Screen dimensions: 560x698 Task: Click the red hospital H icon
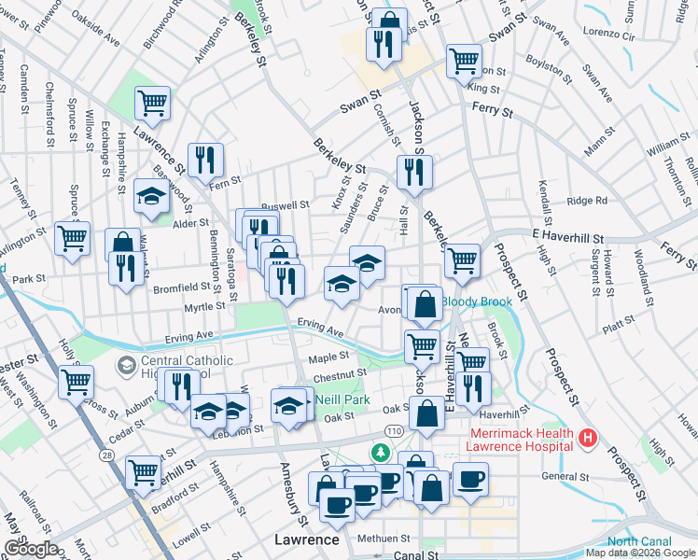click(588, 437)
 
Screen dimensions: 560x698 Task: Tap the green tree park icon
click(380, 453)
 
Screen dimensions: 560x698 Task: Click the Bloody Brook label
click(477, 301)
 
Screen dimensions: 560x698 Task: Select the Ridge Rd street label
click(587, 201)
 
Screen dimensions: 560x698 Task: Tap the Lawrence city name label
click(306, 539)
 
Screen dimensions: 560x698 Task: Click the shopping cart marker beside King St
click(464, 62)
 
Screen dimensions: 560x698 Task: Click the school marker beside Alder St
click(150, 196)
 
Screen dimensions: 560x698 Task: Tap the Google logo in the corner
click(31, 549)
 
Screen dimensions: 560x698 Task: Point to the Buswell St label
click(285, 204)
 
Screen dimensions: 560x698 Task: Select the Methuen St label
click(384, 539)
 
